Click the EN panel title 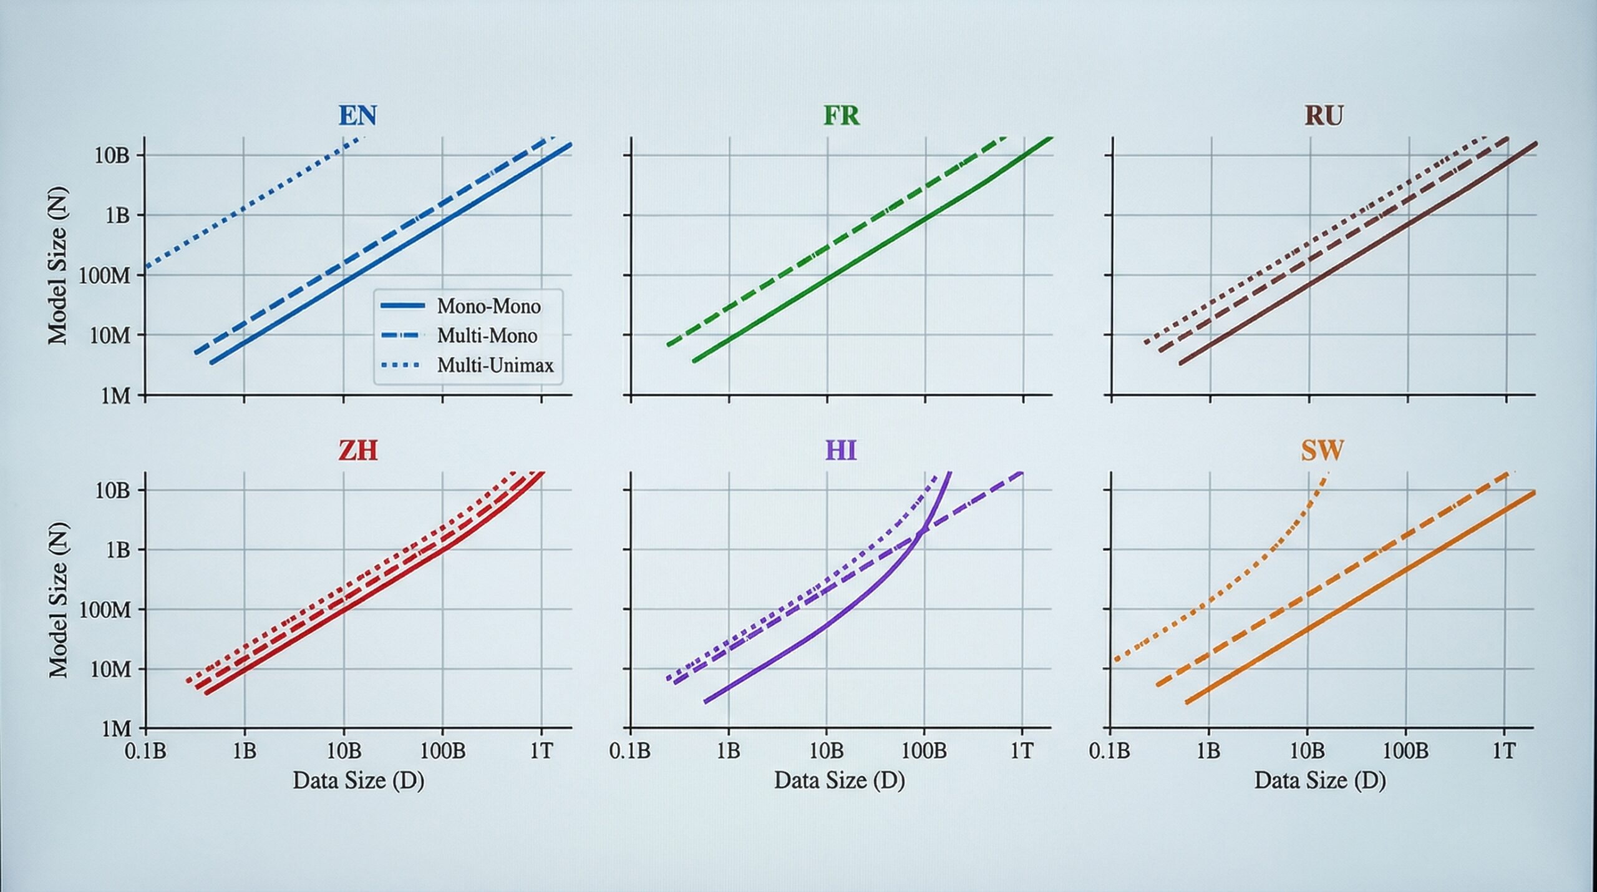point(358,116)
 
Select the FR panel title point(842,116)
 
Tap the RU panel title point(1323,116)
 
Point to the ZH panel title point(358,450)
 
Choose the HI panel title point(841,450)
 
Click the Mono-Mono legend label point(489,306)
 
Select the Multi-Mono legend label point(487,336)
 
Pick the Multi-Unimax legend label point(495,365)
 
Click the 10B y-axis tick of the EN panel point(112,155)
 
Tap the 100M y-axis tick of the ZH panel point(105,610)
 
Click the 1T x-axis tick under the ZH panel point(541,751)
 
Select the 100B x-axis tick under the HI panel point(924,751)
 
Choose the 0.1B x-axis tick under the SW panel point(1109,751)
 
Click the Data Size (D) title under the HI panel point(840,780)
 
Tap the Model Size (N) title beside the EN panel point(57,267)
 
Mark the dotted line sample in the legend point(402,365)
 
